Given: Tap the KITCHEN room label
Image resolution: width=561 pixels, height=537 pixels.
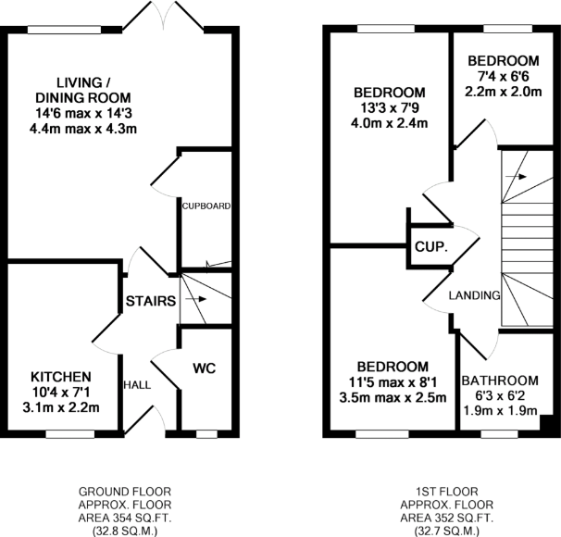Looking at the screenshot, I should tap(61, 377).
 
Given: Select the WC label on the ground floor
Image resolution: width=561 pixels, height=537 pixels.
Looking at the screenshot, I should tap(205, 368).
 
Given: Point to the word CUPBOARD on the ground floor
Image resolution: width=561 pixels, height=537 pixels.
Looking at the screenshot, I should tap(206, 206).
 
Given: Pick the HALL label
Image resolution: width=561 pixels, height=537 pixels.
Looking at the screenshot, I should tap(137, 383).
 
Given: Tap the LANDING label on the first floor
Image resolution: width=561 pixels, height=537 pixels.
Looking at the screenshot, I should tap(474, 295).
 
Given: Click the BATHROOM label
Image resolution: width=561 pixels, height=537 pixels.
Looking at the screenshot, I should tap(500, 381).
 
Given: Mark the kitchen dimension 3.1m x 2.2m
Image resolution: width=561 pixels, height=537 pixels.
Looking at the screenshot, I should tap(61, 406).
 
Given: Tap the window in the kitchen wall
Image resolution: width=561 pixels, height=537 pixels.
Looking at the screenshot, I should tap(69, 432).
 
